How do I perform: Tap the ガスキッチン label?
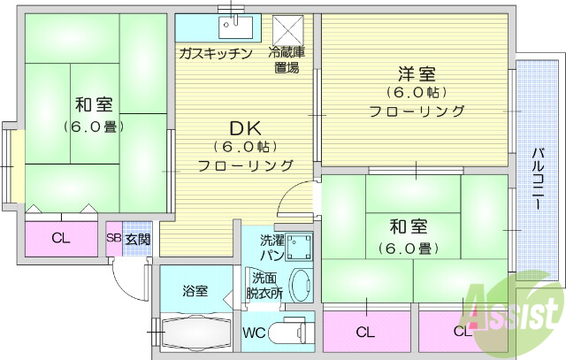click(x=216, y=53)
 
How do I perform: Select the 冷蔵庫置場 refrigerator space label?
click(x=287, y=59)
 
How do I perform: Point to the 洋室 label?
click(x=417, y=73)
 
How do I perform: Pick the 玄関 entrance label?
click(x=137, y=238)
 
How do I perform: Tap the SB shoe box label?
click(x=114, y=238)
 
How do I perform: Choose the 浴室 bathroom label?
click(x=195, y=290)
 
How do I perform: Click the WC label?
click(x=254, y=334)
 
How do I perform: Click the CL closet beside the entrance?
click(x=60, y=237)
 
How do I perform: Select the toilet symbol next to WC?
click(x=289, y=334)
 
